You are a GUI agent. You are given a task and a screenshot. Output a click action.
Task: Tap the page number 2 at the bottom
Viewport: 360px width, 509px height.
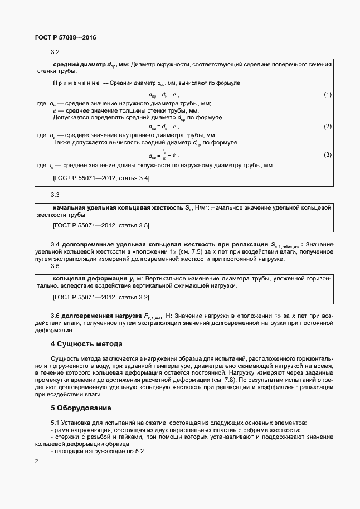pyautogui.click(x=36, y=462)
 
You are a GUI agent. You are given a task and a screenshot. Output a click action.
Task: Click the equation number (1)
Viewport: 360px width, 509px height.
pyautogui.click(x=328, y=94)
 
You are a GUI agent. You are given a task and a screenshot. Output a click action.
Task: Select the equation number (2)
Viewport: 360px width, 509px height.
pyautogui.click(x=328, y=127)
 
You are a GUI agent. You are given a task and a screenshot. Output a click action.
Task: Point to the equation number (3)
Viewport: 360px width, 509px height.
pyautogui.click(x=328, y=154)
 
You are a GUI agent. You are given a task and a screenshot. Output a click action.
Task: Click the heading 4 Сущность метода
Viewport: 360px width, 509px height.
pyautogui.click(x=86, y=343)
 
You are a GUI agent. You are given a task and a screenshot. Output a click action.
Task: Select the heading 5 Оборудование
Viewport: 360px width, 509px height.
pyautogui.click(x=81, y=408)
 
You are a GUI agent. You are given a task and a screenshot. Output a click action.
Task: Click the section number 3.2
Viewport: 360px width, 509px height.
pyautogui.click(x=55, y=52)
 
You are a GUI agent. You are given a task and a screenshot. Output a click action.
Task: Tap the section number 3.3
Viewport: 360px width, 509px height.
pyautogui.click(x=55, y=195)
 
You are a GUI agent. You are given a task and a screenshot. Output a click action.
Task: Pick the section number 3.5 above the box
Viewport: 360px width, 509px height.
pyautogui.click(x=55, y=266)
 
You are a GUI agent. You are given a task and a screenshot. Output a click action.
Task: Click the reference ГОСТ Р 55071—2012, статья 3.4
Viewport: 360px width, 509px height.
pyautogui.click(x=101, y=178)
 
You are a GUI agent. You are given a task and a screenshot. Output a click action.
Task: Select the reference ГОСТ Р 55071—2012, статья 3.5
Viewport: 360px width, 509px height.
pyautogui.click(x=101, y=225)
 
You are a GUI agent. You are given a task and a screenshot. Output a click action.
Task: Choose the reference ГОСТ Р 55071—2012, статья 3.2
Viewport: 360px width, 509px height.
pyautogui.click(x=101, y=298)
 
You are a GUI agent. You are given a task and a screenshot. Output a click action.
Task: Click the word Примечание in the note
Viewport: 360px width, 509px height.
pyautogui.click(x=76, y=83)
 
